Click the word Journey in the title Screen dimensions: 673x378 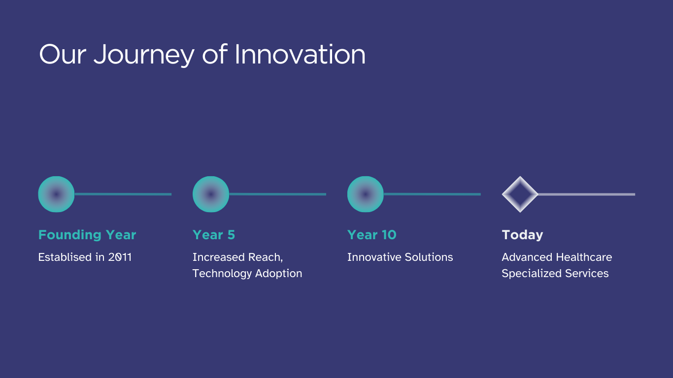[144, 55]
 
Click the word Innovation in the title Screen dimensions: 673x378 [300, 54]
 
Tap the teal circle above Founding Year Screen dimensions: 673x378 [56, 194]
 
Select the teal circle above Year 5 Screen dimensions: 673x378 [210, 194]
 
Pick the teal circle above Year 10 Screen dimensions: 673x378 [366, 194]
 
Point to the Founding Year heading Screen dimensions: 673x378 [87, 235]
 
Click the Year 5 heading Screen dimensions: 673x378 [214, 235]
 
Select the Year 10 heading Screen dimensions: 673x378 [371, 235]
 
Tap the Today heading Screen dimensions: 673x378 [522, 235]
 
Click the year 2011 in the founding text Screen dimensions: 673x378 [120, 257]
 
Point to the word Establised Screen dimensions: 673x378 [65, 257]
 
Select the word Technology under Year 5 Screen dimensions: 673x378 [222, 274]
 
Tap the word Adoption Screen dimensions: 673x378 [278, 274]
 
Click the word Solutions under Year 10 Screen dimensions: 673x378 [429, 257]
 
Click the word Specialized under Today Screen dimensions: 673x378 [532, 274]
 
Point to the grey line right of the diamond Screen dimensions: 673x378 [586, 194]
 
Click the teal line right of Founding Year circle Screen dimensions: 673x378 [123, 194]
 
